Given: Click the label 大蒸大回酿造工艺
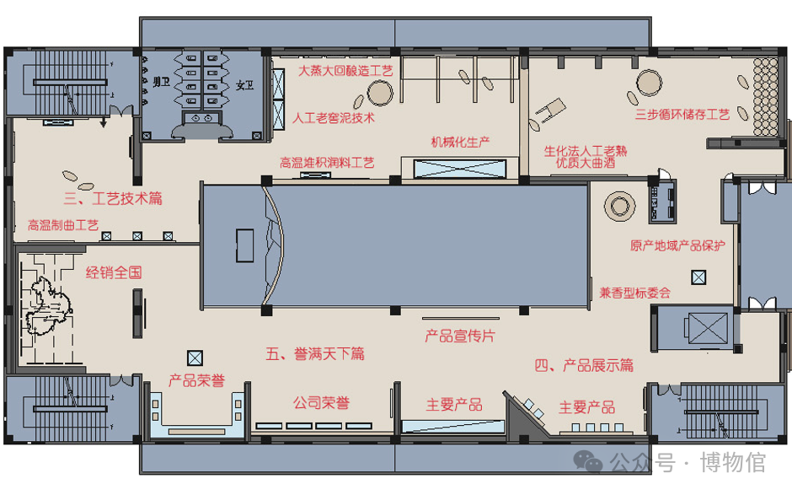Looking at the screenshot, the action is [x=345, y=71].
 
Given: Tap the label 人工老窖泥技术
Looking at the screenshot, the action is [x=334, y=118].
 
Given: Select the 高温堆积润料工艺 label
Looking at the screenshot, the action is [x=327, y=163].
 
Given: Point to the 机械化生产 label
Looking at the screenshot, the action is [x=460, y=142].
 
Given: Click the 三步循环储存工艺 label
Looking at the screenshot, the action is [x=682, y=115].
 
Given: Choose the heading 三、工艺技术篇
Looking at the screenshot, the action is [x=113, y=198].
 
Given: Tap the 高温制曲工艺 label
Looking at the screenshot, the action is [x=63, y=225].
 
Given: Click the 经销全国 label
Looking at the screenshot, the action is [x=114, y=273].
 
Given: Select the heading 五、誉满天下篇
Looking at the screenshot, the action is [x=315, y=353].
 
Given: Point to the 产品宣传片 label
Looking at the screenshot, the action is [x=460, y=336].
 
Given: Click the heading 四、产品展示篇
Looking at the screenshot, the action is [x=584, y=365].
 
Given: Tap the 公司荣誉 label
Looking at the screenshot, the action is [x=321, y=403].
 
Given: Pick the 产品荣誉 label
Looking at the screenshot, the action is [x=196, y=380].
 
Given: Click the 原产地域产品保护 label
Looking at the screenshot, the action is [x=677, y=245].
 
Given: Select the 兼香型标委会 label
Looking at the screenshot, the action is [x=635, y=293].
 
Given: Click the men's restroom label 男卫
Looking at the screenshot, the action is [x=161, y=82].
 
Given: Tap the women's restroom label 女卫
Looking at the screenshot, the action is [x=244, y=85].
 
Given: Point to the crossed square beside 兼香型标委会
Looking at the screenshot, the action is [x=698, y=277].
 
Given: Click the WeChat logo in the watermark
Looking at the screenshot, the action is [x=588, y=461].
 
